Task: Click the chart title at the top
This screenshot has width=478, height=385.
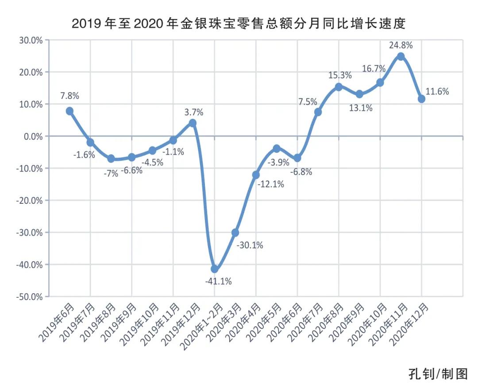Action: (x=239, y=23)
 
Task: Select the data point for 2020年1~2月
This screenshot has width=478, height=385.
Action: (x=215, y=268)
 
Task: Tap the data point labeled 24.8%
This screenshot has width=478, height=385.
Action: (x=401, y=56)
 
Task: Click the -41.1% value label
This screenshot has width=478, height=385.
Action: (x=218, y=281)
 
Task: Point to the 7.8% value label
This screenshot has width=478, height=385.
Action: (x=70, y=96)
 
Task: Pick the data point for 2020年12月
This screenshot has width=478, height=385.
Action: (x=421, y=99)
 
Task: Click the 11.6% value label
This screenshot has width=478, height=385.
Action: (x=437, y=92)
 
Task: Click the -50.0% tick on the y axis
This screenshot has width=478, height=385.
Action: (x=29, y=296)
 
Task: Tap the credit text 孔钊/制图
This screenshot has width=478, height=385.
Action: (x=438, y=373)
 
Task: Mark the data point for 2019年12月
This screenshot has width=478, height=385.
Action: (x=193, y=123)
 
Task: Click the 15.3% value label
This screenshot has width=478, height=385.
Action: (x=339, y=75)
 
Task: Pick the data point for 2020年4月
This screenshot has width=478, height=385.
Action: (x=256, y=175)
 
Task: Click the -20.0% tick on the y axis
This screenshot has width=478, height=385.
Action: (x=29, y=200)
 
